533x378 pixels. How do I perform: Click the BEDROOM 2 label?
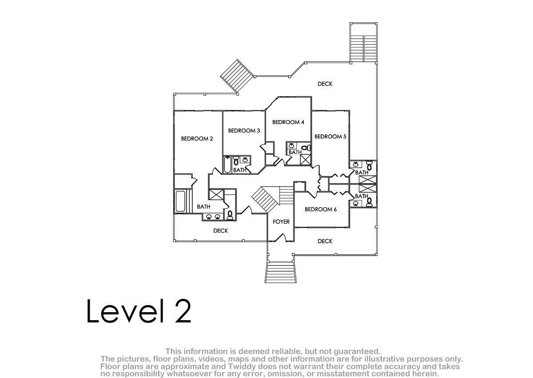point(197,139)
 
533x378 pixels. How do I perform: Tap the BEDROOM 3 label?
point(244,131)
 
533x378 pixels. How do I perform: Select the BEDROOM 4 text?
point(288,122)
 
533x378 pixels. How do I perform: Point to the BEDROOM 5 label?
point(330,137)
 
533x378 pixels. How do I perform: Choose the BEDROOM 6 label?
point(321,209)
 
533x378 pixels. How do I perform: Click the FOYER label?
point(281,222)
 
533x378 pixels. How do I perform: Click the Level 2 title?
point(139,311)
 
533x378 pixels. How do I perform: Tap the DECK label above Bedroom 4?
point(325,84)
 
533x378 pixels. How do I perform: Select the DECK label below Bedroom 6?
point(325,241)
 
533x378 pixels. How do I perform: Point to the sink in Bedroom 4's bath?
point(291,146)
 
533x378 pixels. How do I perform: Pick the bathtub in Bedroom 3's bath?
point(228,165)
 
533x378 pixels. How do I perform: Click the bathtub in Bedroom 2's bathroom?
point(180,201)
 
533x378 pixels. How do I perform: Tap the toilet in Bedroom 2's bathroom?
point(230,215)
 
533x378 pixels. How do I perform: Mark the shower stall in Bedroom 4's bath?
point(305,160)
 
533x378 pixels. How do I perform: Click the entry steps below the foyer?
point(281,272)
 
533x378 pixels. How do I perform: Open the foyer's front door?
point(281,238)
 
